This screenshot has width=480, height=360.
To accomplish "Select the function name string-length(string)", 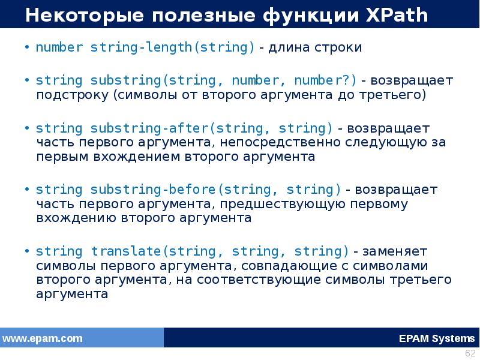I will click(173, 47).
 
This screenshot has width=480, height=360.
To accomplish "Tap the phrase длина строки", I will click(316, 47).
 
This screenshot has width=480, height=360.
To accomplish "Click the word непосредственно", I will click(277, 143).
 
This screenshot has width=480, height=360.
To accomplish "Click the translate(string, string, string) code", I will click(220, 251).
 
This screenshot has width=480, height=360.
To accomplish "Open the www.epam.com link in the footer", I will click(43, 338).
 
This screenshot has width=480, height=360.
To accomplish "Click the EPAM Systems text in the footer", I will click(436, 338).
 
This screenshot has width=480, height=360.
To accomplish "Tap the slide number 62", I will click(470, 353).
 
